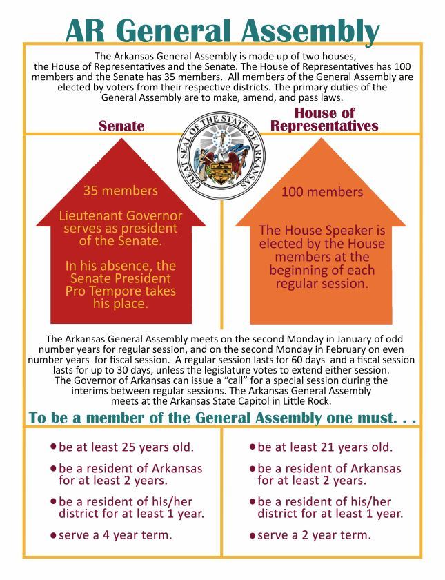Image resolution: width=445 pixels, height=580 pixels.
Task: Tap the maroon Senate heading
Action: pos(121,126)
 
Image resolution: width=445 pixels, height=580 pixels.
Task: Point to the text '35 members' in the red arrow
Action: pos(120,191)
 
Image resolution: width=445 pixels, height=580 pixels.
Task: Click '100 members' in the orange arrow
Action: pos(322,192)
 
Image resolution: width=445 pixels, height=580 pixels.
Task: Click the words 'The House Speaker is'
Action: pos(322,231)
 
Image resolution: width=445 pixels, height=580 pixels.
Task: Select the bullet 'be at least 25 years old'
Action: pos(126,447)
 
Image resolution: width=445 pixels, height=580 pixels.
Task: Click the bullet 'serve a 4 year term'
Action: pos(116,535)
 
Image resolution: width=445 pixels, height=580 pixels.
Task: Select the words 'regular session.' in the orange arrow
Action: pos(322,284)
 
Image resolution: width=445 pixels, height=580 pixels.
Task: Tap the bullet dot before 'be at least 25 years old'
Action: pos(53,447)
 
